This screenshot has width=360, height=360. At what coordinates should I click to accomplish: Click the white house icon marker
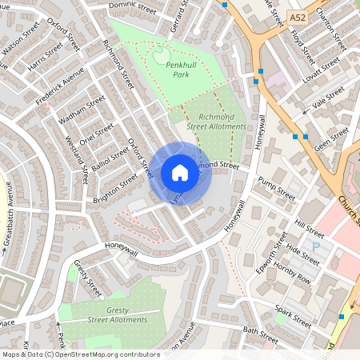pyautogui.click(x=179, y=173)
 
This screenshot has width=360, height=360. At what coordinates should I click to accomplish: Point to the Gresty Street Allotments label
pyautogui.click(x=107, y=314)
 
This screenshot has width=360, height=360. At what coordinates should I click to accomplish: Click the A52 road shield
pyautogui.click(x=298, y=17)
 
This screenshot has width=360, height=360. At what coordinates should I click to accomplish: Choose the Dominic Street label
pyautogui.click(x=133, y=8)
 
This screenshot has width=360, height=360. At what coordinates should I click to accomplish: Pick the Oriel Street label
pyautogui.click(x=98, y=130)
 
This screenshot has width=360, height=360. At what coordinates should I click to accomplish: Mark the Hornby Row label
pyautogui.click(x=292, y=273)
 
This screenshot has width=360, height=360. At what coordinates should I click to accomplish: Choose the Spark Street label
pyautogui.click(x=293, y=315)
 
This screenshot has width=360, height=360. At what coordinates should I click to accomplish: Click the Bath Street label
pyautogui.click(x=260, y=334)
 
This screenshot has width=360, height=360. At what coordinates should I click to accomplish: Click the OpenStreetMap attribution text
pyautogui.click(x=81, y=354)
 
